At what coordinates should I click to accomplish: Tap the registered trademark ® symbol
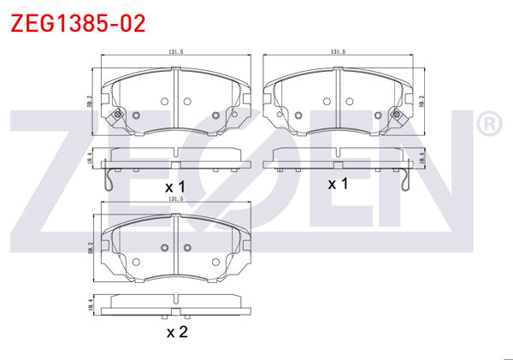(x=488, y=126)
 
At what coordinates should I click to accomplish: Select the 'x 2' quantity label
(x=177, y=332)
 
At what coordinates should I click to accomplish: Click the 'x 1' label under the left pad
(x=175, y=186)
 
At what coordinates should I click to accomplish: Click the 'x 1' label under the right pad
(x=339, y=184)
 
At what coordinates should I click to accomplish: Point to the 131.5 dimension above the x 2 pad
(x=176, y=199)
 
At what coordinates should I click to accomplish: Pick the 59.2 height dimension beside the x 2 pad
(x=91, y=250)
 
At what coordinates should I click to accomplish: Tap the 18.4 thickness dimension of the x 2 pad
(x=91, y=303)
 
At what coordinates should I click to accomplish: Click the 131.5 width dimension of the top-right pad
(x=339, y=52)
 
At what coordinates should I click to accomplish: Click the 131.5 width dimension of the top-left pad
(x=176, y=52)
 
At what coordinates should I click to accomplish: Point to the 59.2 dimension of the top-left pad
(x=91, y=103)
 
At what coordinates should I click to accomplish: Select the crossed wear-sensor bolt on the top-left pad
(x=116, y=115)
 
